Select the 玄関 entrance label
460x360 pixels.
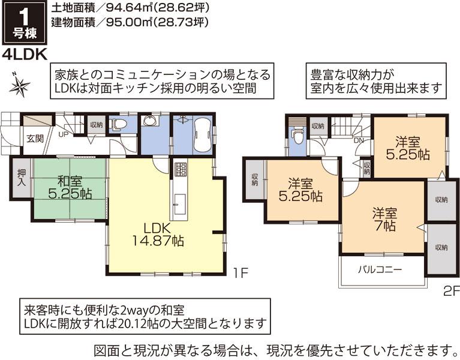(x=34, y=139)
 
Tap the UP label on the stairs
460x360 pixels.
(x=62, y=134)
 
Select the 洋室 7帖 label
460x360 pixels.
(x=384, y=219)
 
